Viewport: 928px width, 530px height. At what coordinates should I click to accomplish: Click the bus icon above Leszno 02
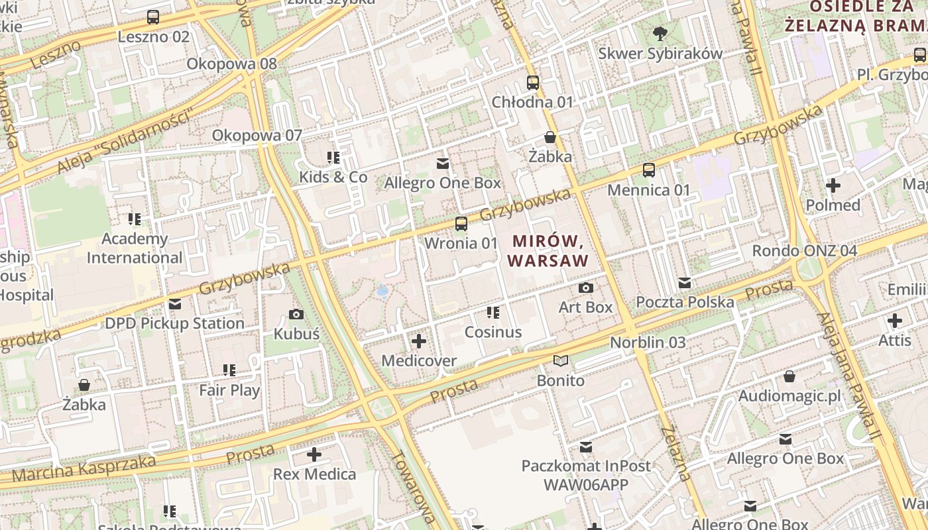(x=153, y=17)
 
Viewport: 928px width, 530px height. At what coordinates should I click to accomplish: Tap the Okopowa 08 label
(x=231, y=64)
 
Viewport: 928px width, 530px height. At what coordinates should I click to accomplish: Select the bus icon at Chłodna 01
(x=533, y=83)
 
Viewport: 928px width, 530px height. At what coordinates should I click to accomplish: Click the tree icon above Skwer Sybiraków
(x=660, y=33)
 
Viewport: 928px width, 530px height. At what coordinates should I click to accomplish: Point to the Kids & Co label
(x=333, y=177)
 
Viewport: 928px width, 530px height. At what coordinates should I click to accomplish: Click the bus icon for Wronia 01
(x=461, y=224)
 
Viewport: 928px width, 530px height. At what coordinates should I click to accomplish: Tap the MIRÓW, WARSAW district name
(x=548, y=250)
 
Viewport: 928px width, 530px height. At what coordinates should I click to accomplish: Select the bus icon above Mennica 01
(x=649, y=170)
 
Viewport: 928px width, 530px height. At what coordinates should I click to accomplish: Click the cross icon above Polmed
(x=833, y=185)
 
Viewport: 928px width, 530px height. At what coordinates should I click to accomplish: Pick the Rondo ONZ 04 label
(x=804, y=251)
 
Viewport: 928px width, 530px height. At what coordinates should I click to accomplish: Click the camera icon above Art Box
(x=586, y=288)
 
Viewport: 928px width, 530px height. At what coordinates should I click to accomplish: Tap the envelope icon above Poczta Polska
(x=685, y=283)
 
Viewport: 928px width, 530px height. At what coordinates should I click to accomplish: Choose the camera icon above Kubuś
(x=296, y=314)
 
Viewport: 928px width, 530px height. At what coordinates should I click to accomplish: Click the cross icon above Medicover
(x=419, y=341)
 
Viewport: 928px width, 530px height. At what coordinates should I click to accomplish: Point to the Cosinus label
(x=493, y=332)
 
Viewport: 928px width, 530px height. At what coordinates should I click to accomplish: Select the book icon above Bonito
(x=561, y=361)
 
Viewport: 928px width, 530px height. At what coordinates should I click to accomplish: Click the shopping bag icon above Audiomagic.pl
(x=789, y=376)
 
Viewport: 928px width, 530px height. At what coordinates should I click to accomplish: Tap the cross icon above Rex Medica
(x=314, y=454)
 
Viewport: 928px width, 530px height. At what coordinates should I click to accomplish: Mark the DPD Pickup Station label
(x=175, y=323)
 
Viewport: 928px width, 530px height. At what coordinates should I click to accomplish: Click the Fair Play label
(x=229, y=390)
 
